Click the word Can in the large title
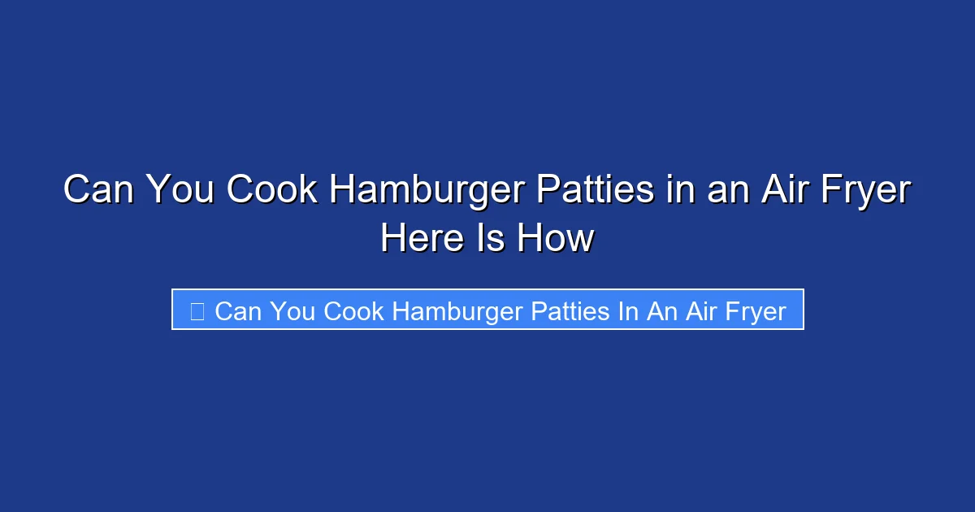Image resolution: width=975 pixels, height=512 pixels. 100,191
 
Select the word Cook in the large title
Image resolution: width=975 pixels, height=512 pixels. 271,191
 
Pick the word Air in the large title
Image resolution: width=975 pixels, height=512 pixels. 781,191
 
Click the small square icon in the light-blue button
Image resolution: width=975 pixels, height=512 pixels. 197,310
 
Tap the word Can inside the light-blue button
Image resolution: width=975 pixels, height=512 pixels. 239,310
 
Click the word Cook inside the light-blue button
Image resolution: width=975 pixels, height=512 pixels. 354,310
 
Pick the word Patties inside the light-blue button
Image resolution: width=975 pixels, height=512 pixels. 569,310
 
